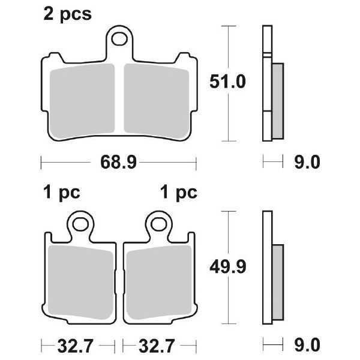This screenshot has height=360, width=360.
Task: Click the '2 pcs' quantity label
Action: coord(67,14)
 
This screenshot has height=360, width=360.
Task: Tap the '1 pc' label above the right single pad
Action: coord(178,193)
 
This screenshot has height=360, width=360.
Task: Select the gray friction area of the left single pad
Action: coord(80,279)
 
